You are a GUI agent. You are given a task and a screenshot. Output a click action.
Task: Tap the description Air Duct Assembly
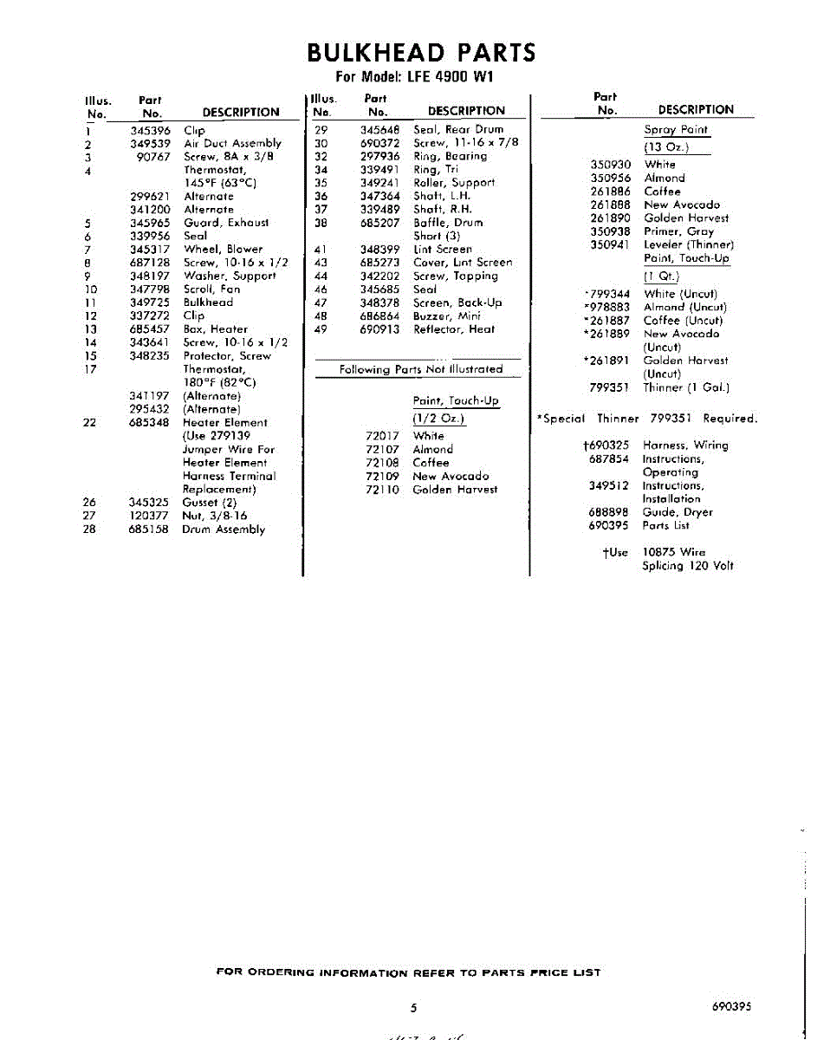pyautogui.click(x=232, y=144)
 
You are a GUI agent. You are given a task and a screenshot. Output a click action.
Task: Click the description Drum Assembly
pyautogui.click(x=224, y=530)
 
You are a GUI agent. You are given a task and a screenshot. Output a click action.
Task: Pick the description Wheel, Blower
pyautogui.click(x=224, y=250)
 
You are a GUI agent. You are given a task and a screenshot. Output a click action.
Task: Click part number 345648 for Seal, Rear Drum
pyautogui.click(x=379, y=130)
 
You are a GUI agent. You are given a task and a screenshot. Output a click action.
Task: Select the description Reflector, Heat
pyautogui.click(x=454, y=329)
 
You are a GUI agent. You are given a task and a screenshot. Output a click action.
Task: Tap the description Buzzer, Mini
pyautogui.click(x=446, y=316)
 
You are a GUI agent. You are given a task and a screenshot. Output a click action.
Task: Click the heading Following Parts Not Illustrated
pyautogui.click(x=420, y=369)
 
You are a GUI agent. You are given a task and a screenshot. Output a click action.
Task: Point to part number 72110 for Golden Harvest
pyautogui.click(x=382, y=490)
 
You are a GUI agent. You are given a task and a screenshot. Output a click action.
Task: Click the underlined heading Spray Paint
pyautogui.click(x=676, y=130)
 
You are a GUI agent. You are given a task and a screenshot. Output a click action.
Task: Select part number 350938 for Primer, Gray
pyautogui.click(x=610, y=231)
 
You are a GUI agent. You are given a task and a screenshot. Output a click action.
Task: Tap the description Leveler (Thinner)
pyautogui.click(x=689, y=245)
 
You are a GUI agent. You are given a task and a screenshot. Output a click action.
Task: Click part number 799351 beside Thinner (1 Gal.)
pyautogui.click(x=610, y=388)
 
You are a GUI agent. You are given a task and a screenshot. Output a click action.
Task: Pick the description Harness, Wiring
pyautogui.click(x=685, y=445)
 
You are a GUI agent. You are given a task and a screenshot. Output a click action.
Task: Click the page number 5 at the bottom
pyautogui.click(x=413, y=1007)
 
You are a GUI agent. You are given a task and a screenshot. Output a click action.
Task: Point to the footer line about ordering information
pyautogui.click(x=408, y=972)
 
